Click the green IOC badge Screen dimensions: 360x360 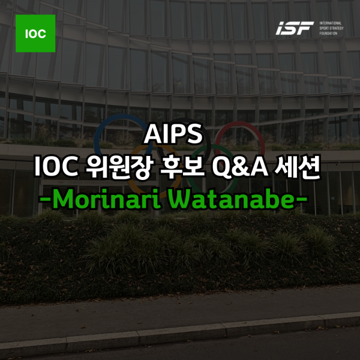[35, 33]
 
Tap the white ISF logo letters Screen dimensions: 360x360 [295, 28]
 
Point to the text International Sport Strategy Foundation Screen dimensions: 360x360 [331, 28]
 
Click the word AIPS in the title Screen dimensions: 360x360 [173, 134]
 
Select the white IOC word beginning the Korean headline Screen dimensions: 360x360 [56, 167]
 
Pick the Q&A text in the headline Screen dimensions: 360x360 [240, 167]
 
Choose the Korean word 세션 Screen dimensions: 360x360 [297, 167]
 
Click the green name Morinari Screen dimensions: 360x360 [107, 199]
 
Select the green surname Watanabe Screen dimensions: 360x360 [232, 199]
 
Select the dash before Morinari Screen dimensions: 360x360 [46, 198]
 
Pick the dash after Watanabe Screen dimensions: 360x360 [301, 198]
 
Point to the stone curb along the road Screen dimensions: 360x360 [180, 333]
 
